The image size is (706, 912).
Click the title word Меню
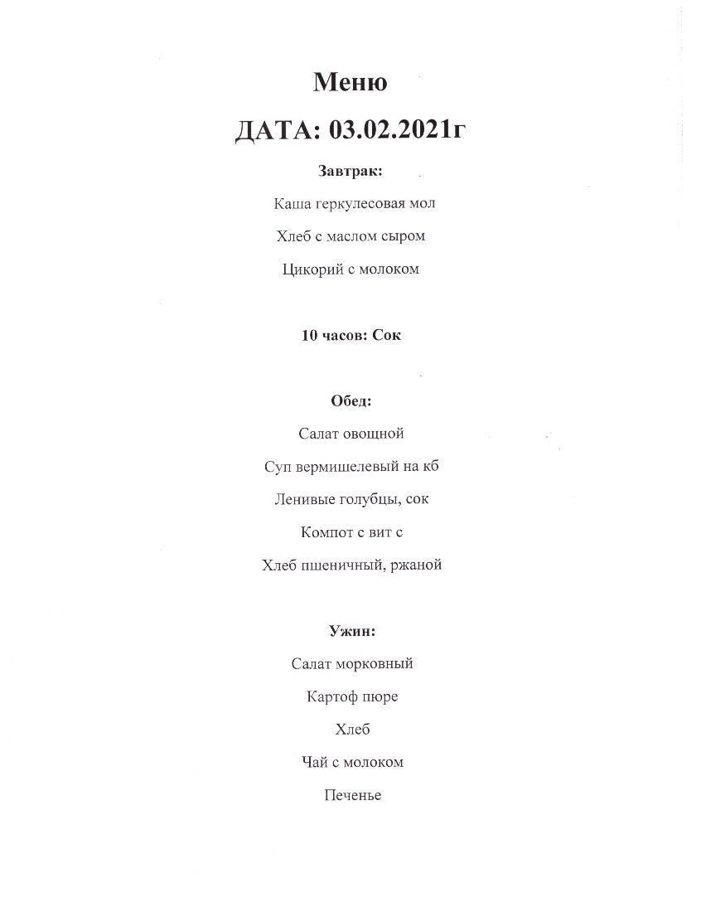(350, 82)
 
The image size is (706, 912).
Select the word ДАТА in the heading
(277, 130)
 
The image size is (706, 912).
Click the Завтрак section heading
(350, 171)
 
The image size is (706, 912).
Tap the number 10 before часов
(309, 335)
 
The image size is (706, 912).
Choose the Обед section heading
(351, 400)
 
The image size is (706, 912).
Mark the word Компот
(326, 532)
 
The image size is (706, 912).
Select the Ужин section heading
(352, 631)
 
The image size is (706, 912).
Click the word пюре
(380, 697)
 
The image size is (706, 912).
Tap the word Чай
(314, 762)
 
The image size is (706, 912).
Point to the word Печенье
(353, 795)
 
